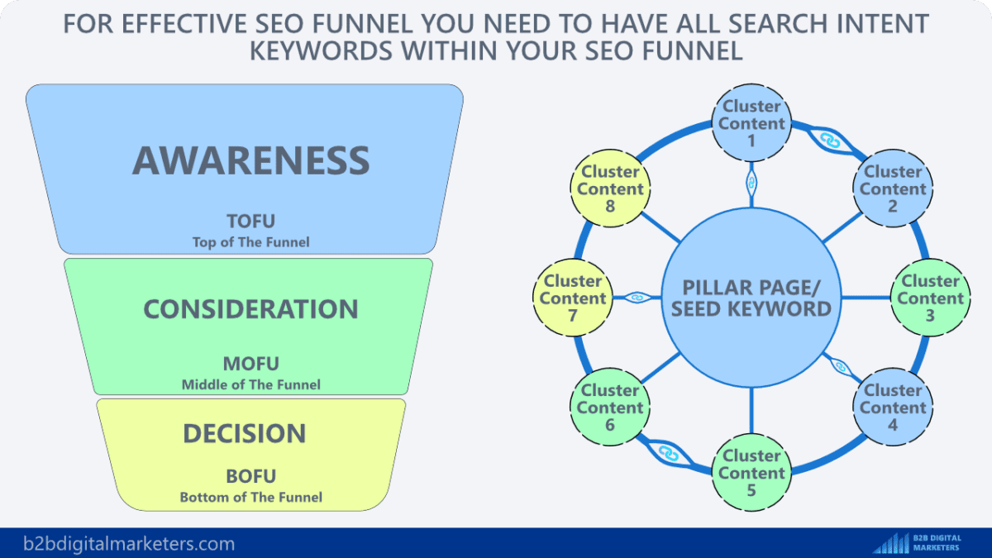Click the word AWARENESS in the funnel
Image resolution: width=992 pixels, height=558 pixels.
coord(250,160)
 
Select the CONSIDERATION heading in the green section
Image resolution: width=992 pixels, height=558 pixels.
coord(250,309)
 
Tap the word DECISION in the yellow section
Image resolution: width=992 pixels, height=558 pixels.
coord(244,434)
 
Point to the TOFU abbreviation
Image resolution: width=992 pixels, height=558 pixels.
coord(250,222)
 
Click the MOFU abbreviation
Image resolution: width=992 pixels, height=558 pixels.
coord(250,364)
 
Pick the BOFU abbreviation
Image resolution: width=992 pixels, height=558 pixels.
coord(250,476)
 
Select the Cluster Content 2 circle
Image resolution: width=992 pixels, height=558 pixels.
coord(893,189)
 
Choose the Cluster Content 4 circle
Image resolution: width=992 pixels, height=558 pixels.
coord(893,408)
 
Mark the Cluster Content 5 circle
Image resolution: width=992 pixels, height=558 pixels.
coord(751,473)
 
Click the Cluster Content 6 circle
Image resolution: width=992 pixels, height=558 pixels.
coord(610,408)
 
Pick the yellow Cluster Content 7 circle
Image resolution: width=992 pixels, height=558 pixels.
coord(574,298)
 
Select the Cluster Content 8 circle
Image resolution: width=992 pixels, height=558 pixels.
coord(610,189)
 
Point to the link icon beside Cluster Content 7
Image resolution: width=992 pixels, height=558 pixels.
coord(636,298)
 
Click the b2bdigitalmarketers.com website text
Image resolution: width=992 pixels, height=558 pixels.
coord(128,544)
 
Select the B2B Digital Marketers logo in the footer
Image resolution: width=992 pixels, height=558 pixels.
coord(918,543)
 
